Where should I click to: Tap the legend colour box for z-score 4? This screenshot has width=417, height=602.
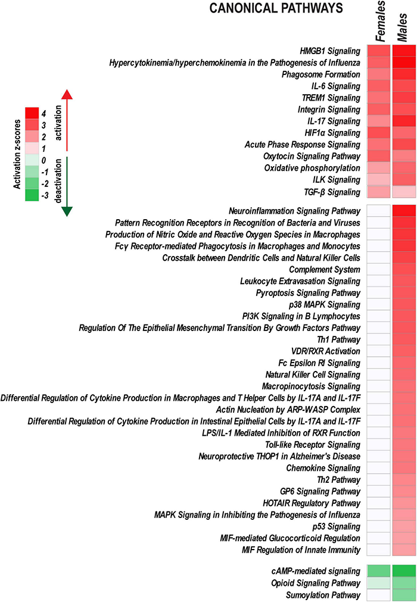32,113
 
